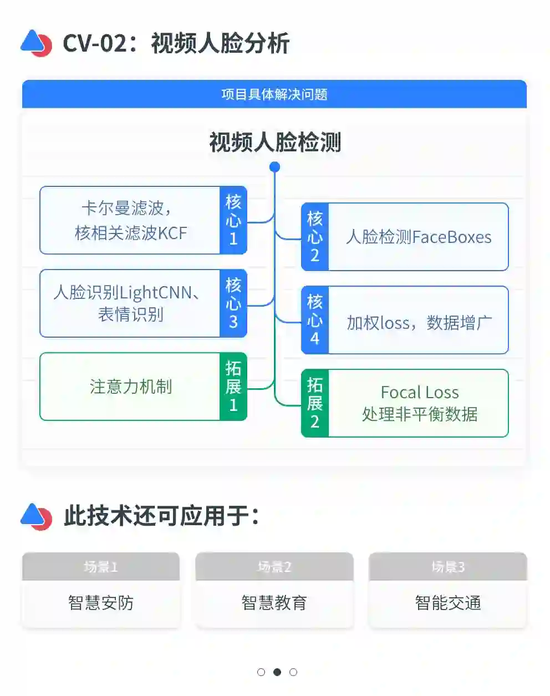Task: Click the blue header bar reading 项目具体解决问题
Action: tap(274, 94)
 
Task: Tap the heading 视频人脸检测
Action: tap(275, 143)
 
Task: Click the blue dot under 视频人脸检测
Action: tap(274, 167)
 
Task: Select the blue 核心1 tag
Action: tap(233, 220)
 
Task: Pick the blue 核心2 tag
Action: tap(315, 237)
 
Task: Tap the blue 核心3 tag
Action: tap(233, 303)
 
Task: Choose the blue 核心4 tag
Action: tap(315, 320)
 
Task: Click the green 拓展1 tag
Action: tap(233, 387)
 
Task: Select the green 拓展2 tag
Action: tap(315, 403)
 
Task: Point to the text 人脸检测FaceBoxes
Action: tap(419, 237)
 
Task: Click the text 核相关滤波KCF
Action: tap(131, 233)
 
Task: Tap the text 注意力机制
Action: tap(131, 387)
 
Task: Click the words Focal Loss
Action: tap(420, 393)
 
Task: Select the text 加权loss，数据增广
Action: tap(419, 322)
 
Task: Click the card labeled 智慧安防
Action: tap(101, 602)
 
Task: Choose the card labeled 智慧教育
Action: tap(274, 602)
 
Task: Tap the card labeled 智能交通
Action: tap(448, 602)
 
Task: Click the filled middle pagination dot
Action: tap(277, 672)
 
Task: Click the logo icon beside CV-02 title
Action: tap(36, 43)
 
